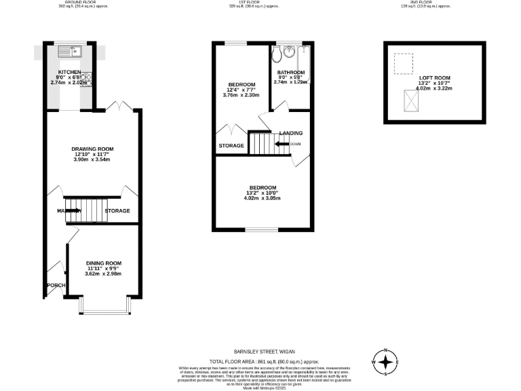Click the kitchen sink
coord(69,51)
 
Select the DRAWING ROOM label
coord(92,149)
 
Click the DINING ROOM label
coord(103,263)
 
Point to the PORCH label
coord(56,285)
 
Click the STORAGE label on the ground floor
coord(117,211)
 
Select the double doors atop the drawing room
coord(120,106)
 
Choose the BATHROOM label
coord(290,73)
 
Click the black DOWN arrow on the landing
coord(282,144)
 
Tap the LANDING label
coord(290,133)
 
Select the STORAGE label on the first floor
coord(231,145)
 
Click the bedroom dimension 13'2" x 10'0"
coord(263,193)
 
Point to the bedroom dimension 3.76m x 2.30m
coord(241,95)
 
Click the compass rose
coord(385,362)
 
